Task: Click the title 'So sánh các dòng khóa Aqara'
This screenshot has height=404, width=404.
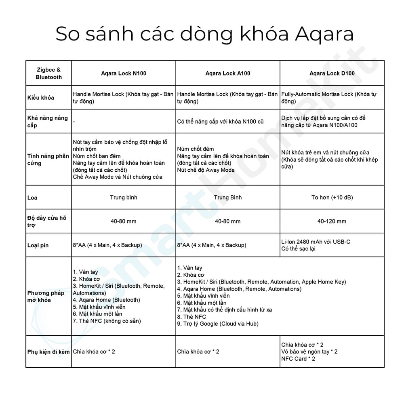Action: point(204,34)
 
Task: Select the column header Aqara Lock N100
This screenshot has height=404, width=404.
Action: point(124,73)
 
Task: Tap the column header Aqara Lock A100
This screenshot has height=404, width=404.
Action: point(228,73)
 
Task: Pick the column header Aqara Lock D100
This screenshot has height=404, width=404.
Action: point(332,73)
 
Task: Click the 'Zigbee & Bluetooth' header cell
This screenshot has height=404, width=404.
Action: point(48,73)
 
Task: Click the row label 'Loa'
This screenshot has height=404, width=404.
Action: point(32,198)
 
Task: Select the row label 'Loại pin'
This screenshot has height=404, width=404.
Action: point(38,245)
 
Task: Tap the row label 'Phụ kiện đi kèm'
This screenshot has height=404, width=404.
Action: point(48,351)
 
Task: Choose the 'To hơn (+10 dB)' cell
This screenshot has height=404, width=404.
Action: point(332,198)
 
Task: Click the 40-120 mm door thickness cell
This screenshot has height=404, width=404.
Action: point(332,221)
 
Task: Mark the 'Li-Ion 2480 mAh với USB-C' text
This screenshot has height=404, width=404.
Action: point(316,242)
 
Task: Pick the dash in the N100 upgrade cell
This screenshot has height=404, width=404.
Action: point(74,121)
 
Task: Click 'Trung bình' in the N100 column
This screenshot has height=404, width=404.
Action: point(124,198)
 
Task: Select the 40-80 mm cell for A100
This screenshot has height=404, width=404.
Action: point(228,221)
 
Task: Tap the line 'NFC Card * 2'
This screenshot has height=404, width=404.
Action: point(298,358)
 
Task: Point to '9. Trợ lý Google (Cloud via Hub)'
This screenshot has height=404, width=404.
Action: point(218,324)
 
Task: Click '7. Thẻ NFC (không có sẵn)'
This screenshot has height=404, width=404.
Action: point(107,321)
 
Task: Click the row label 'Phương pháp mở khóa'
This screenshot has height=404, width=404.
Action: point(46,297)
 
